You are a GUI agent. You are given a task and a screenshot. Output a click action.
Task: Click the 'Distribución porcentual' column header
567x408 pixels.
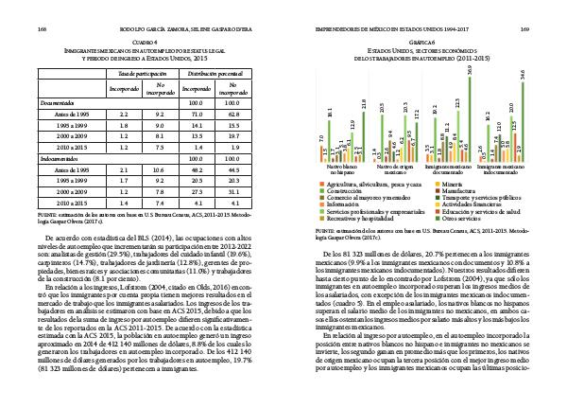click(x=218, y=72)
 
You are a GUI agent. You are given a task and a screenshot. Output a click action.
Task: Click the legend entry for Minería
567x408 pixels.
click(x=450, y=183)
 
